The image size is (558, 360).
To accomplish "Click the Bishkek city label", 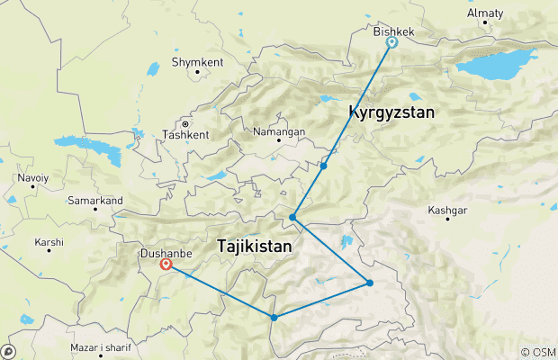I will click(393, 31).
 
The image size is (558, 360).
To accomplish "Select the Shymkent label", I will click(196, 64).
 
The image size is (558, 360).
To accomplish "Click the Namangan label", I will click(279, 131).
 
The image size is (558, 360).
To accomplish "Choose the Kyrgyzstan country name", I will click(391, 113).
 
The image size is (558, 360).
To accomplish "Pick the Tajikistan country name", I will click(254, 245).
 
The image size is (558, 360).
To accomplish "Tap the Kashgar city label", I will click(447, 211).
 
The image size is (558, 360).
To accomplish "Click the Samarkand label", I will click(94, 199).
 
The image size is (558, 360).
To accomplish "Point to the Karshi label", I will click(49, 242).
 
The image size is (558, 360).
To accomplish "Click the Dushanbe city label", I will click(163, 254).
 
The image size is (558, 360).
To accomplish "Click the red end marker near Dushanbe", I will click(166, 265).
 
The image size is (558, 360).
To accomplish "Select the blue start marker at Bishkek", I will click(391, 42).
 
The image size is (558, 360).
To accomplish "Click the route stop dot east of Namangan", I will click(323, 166).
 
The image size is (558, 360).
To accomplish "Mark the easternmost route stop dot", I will click(370, 283).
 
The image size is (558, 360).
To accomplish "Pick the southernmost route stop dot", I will click(274, 317).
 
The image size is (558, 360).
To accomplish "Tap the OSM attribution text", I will click(539, 352).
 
